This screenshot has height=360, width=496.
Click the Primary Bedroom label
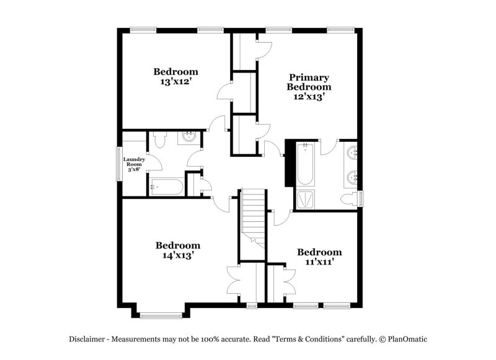click(308, 82)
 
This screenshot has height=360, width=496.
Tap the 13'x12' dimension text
click(176, 81)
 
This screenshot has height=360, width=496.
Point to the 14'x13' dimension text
click(177, 255)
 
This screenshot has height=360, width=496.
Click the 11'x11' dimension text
click(319, 262)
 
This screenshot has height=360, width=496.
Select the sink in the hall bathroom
click(188, 138)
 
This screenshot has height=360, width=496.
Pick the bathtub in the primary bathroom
click(305, 164)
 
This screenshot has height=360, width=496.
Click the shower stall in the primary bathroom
click(305, 199)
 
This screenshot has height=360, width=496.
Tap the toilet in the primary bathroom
click(353, 198)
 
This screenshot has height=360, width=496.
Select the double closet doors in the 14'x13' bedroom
click(237, 283)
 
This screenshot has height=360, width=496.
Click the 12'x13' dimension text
click(308, 97)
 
